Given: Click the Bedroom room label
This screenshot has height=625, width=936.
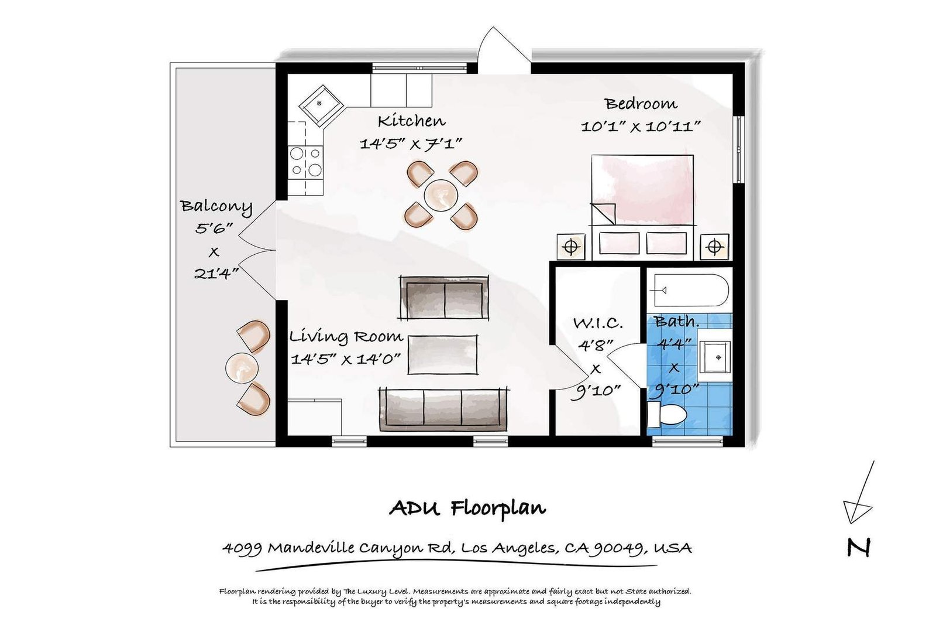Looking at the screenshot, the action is [641, 103].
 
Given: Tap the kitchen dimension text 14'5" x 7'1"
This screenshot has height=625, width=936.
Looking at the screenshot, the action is [411, 144].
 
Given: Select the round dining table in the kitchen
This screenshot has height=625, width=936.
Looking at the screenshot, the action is [441, 196].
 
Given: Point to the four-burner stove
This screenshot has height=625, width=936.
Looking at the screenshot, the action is [305, 162].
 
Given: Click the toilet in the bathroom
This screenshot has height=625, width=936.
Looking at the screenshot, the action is [667, 415].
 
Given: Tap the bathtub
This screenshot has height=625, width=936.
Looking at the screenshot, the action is [691, 291].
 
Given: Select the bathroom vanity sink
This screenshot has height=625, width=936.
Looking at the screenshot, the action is [715, 357].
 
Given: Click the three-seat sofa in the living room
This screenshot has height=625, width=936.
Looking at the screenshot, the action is [444, 409].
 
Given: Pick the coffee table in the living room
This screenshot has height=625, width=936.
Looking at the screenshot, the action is [442, 354].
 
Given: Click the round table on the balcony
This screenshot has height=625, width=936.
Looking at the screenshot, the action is [242, 368].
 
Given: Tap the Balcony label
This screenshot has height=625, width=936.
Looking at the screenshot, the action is [216, 207].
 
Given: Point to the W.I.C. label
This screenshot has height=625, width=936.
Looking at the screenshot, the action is [597, 323].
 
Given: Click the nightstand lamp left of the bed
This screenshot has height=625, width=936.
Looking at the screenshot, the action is [571, 247].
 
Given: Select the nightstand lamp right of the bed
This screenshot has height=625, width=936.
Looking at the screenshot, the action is [714, 247].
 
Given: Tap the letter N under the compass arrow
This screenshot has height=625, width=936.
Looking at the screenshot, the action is [859, 547].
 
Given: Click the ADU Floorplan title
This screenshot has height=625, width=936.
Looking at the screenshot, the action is [467, 508].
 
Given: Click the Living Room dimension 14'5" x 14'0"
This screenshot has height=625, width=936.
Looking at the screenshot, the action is [346, 359].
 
